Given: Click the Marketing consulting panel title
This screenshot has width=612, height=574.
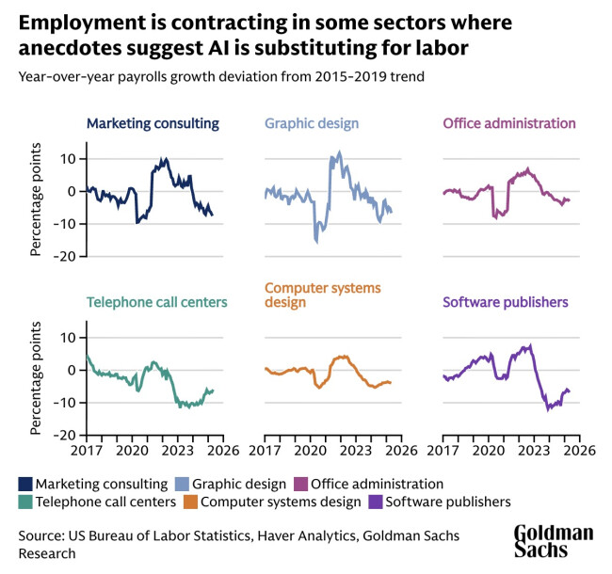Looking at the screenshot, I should tap(153, 123).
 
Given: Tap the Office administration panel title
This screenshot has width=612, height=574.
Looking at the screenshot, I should tap(508, 123).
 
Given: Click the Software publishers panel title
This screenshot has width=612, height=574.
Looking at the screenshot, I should tap(505, 302).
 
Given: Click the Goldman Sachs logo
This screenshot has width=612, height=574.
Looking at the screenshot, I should tap(553, 543).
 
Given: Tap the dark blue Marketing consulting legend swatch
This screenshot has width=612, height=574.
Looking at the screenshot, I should tap(25, 484).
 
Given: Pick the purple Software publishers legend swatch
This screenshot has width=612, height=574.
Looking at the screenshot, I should tap(376, 502).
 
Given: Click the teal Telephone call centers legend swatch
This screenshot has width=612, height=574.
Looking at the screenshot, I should tap(25, 502).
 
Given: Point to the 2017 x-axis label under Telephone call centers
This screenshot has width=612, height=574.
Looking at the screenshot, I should tap(87, 450).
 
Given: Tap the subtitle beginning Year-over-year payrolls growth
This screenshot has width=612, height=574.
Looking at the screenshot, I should tap(217, 77).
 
